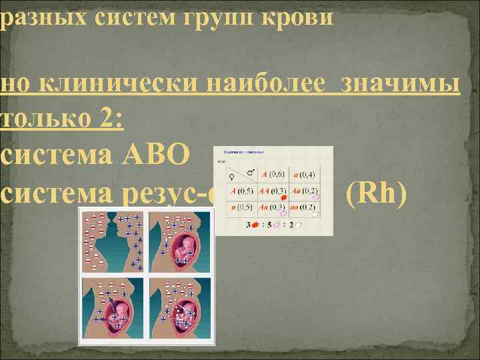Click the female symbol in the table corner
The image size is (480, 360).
[232, 177]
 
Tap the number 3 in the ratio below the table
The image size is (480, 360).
[248, 225]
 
